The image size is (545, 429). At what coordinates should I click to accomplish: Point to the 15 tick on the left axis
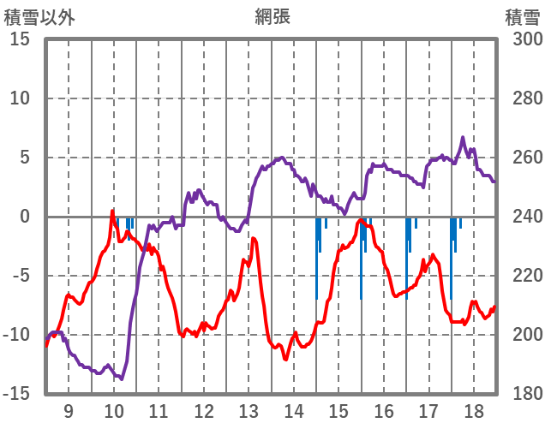click(20, 40)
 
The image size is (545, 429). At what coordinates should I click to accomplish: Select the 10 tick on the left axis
click(20, 99)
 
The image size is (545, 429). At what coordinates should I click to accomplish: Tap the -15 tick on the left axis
click(16, 394)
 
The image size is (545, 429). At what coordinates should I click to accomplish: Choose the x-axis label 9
click(68, 410)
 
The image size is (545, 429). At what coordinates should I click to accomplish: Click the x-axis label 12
click(204, 410)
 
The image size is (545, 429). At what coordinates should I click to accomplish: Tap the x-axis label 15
click(339, 410)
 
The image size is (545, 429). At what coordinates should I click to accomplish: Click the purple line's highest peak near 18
click(463, 137)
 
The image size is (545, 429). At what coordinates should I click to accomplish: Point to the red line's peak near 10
click(112, 211)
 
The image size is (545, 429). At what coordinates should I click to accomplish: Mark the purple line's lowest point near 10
click(122, 378)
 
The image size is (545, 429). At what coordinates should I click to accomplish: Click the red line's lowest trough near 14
click(285, 359)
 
